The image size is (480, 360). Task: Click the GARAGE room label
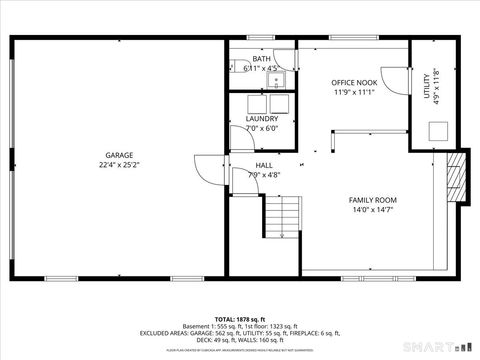120,155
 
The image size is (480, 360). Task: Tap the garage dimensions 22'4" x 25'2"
120,166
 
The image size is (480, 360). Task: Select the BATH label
261,59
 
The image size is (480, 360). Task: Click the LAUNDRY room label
262,118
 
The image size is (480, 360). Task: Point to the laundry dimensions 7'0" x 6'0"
262,128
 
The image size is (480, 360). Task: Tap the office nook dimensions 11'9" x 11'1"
354,91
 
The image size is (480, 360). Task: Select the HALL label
264,165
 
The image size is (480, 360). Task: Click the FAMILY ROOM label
372,200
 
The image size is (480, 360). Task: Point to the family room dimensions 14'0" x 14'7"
372,210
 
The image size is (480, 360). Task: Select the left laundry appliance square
253,103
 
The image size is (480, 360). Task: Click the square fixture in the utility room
438,130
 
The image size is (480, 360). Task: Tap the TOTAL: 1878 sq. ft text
240,318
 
